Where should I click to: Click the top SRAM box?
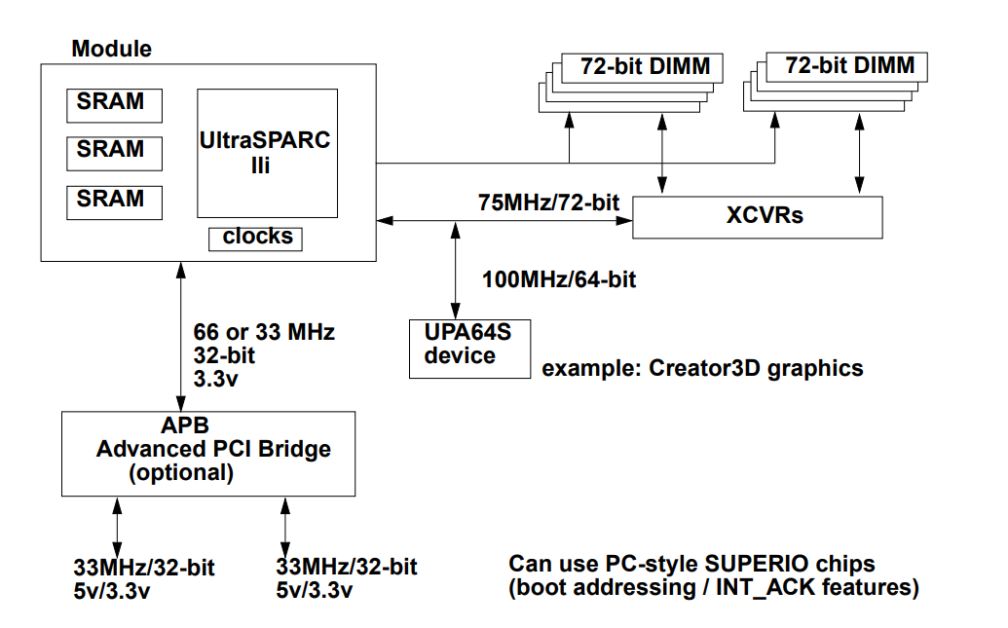tap(114, 105)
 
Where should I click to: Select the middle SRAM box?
tap(114, 154)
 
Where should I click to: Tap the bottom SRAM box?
tap(114, 203)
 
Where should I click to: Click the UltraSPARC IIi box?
tap(268, 153)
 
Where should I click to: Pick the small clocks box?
tap(255, 240)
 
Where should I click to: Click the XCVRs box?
tap(758, 217)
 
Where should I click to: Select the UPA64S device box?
tap(470, 349)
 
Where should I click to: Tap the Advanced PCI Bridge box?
tap(208, 454)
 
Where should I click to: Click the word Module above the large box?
tap(112, 49)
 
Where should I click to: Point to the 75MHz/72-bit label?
tap(548, 203)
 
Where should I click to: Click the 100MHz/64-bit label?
tap(559, 279)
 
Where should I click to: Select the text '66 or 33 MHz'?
tap(264, 332)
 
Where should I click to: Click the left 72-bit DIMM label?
tap(646, 66)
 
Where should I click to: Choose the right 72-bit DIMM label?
tap(850, 65)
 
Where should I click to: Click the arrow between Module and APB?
tap(181, 336)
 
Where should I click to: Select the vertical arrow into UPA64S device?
tap(456, 271)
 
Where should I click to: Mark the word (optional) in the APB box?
tap(181, 473)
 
